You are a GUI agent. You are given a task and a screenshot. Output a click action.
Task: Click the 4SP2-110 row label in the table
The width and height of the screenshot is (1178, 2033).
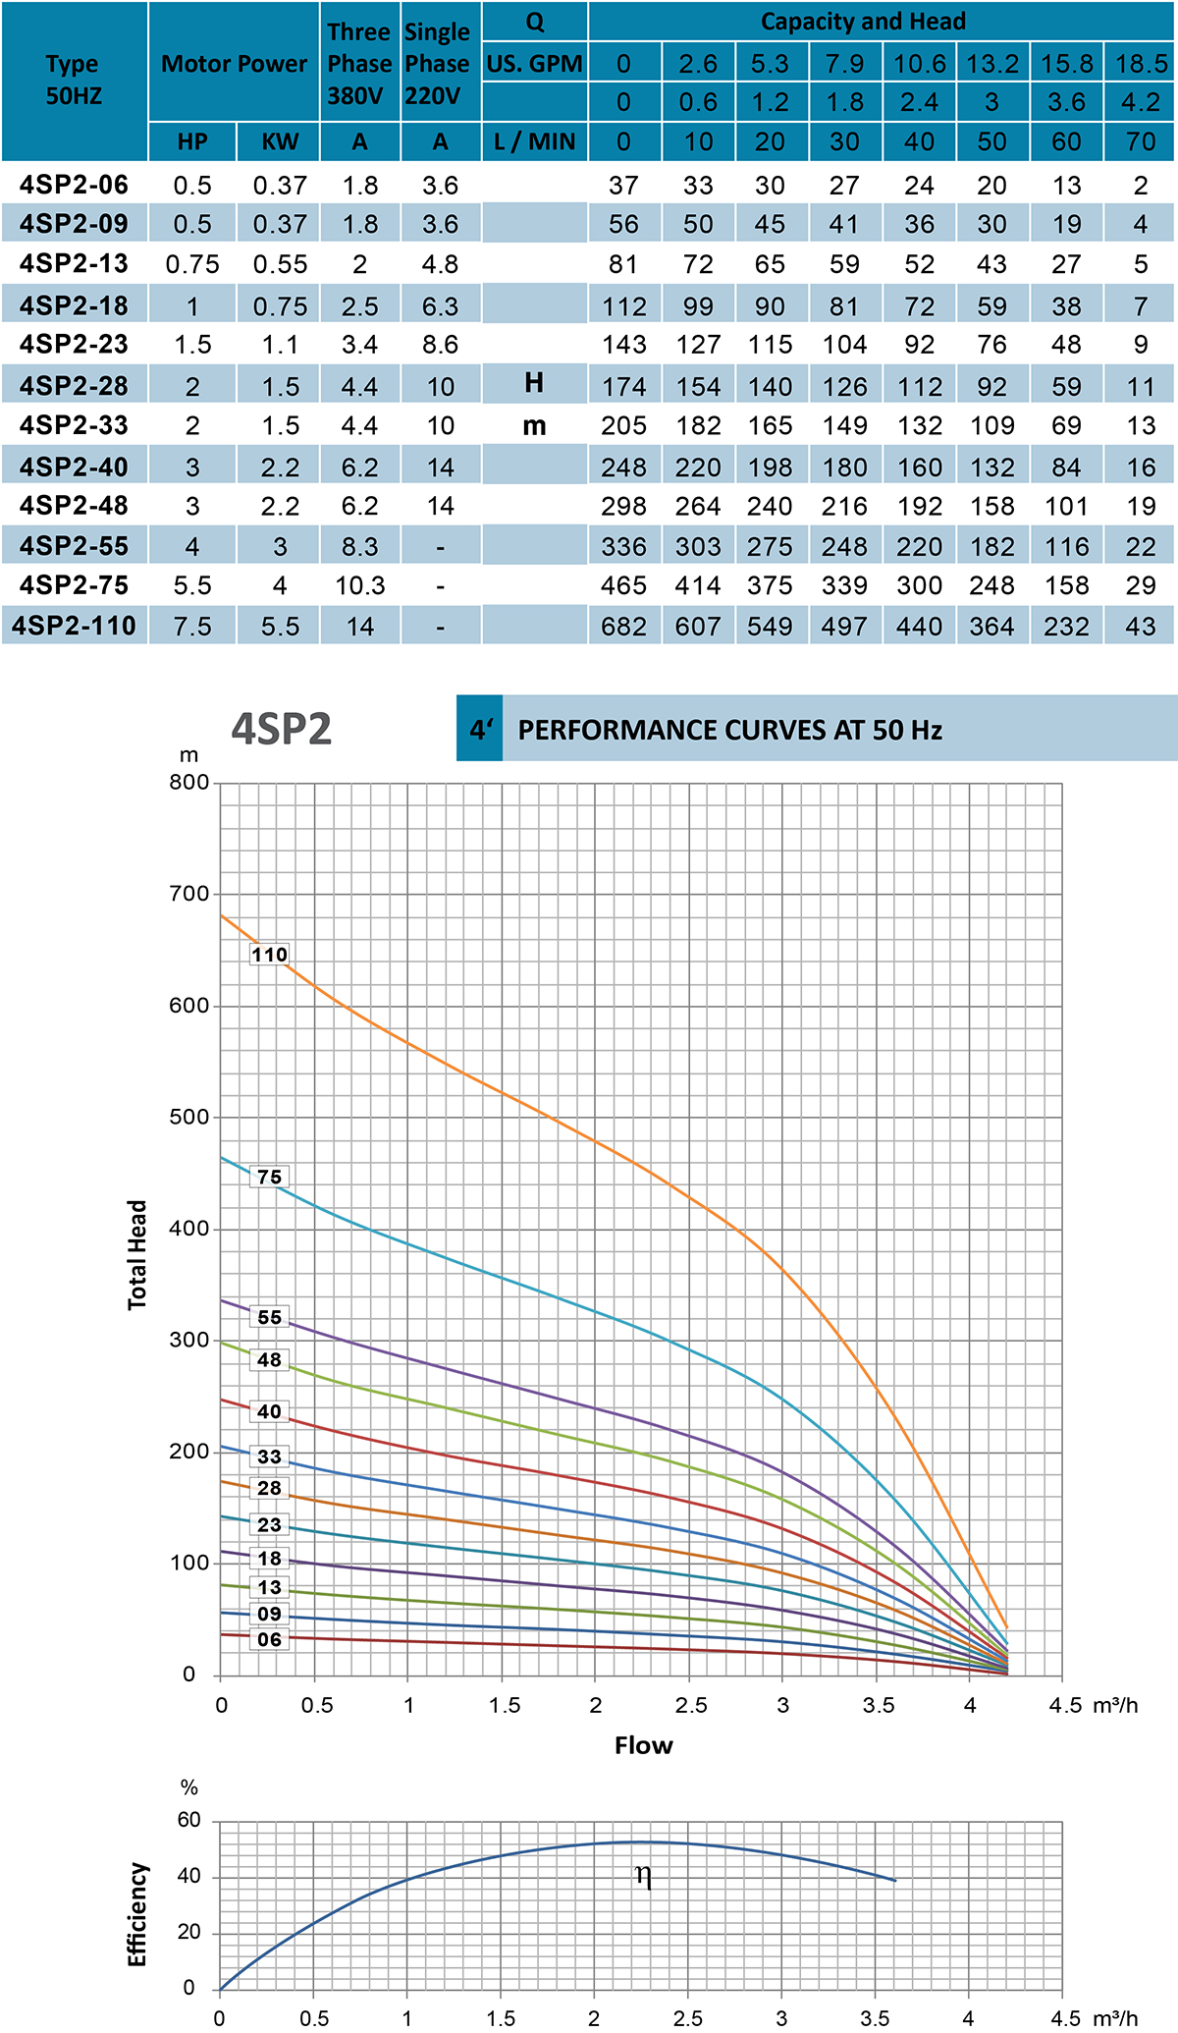click(x=75, y=626)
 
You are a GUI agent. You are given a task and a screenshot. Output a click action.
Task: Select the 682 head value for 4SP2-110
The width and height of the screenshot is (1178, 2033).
click(x=624, y=626)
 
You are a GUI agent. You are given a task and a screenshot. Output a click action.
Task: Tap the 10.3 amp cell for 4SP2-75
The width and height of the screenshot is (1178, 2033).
click(x=360, y=585)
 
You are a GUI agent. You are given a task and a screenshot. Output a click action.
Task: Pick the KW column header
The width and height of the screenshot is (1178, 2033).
click(x=280, y=142)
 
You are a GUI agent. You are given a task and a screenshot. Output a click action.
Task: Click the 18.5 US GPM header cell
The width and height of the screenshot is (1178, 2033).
click(x=1141, y=64)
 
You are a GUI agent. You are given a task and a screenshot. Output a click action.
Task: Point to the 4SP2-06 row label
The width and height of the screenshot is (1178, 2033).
click(x=75, y=185)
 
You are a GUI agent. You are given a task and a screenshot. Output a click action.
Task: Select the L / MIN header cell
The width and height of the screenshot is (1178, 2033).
click(x=534, y=142)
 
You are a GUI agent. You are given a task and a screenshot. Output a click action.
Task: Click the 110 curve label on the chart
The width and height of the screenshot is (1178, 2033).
click(x=269, y=955)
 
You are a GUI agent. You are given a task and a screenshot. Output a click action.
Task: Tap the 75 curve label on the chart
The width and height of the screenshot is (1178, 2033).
click(x=269, y=1177)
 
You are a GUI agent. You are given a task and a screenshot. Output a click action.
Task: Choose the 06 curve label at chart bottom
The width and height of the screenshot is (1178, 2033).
click(x=269, y=1639)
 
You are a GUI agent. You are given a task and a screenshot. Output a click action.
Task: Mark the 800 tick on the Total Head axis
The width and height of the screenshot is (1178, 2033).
click(x=188, y=783)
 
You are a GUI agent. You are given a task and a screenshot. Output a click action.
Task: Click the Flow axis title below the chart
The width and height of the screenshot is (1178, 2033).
click(x=643, y=1745)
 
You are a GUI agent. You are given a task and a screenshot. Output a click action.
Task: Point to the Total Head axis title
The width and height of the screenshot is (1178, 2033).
click(x=137, y=1255)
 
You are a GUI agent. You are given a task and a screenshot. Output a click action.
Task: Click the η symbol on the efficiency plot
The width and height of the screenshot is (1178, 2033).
click(x=643, y=1875)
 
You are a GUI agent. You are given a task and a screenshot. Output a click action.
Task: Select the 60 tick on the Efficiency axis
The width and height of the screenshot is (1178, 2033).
click(x=188, y=1820)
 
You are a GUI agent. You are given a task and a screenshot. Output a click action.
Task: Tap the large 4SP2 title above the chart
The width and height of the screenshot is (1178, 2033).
click(x=282, y=730)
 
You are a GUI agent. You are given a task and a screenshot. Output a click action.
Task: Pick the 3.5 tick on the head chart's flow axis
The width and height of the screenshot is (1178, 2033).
click(x=879, y=1705)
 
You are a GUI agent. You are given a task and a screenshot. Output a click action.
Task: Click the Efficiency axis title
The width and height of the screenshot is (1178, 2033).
click(x=137, y=1914)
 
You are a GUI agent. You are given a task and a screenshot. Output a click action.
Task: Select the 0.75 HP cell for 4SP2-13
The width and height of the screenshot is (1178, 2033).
click(x=192, y=264)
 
